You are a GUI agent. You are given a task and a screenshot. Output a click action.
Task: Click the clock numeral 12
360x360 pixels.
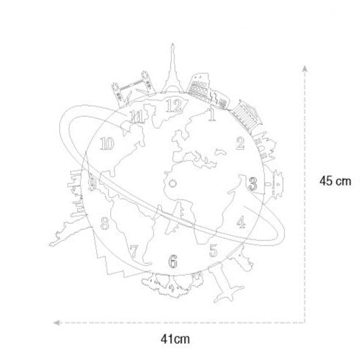tap(174, 106)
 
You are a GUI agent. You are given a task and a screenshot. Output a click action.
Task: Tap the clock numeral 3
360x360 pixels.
tap(252, 184)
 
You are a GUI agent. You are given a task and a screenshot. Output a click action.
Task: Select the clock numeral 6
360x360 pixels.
tap(173, 261)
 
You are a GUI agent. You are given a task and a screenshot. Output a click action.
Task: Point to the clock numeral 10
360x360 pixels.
tap(106, 143)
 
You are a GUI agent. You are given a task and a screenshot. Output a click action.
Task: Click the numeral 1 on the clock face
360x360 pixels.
tap(211, 115)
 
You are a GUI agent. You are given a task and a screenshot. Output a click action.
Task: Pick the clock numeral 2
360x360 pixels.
tap(240, 143)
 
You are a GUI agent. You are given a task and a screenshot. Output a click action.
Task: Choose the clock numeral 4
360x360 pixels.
tap(241, 222)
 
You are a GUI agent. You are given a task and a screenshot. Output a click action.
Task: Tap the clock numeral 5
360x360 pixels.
tap(213, 251)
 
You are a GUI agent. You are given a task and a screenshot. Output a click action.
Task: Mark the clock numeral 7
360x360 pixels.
tap(134, 251)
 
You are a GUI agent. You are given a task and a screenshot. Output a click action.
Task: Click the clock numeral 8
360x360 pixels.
tap(105, 223)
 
